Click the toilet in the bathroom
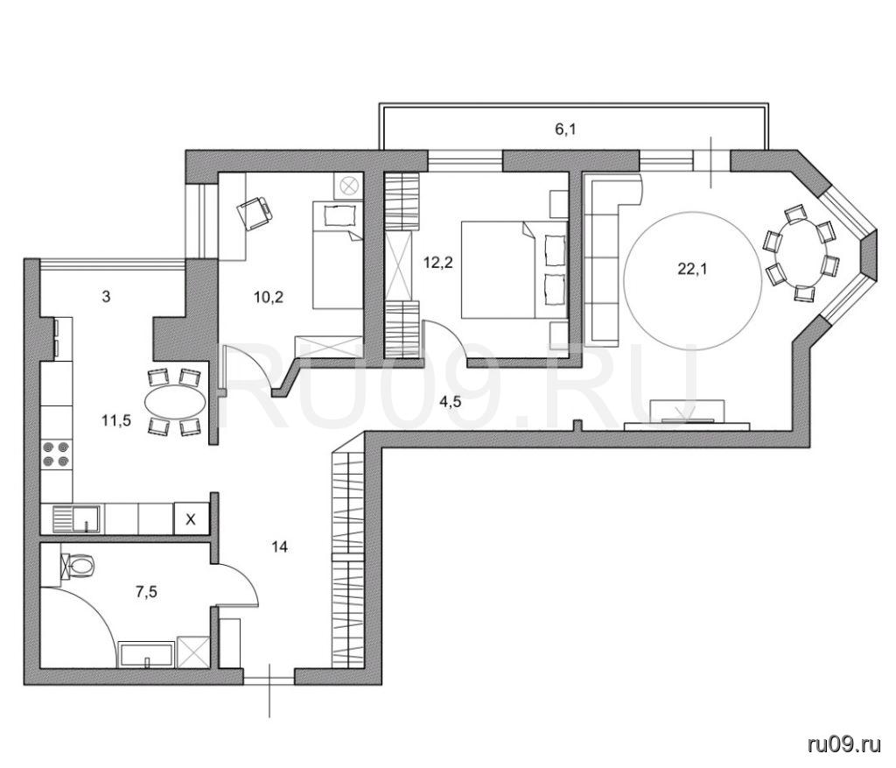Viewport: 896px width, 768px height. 79,566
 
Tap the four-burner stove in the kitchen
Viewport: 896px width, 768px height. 57,454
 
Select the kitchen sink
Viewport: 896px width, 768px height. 76,518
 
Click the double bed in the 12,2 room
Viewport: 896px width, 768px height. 514,270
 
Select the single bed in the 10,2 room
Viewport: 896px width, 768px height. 338,255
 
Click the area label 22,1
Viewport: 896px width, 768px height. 692,269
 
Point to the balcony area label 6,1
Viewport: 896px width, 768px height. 565,130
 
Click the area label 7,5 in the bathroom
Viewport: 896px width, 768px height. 146,593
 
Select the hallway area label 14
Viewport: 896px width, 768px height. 279,547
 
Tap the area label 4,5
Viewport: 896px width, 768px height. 450,402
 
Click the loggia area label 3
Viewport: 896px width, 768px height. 106,298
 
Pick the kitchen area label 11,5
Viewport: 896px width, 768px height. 116,421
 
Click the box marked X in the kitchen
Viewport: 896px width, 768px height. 192,519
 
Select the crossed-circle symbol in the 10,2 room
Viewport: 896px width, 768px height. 348,187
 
